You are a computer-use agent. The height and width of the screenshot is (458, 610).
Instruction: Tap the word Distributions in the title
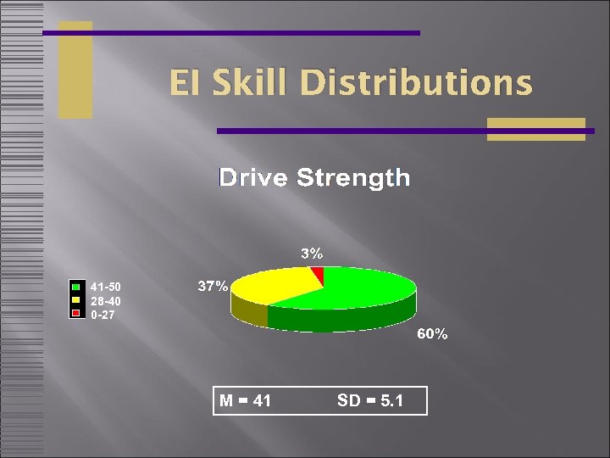[x=416, y=84]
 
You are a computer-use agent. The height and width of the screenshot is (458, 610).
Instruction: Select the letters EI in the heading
[x=182, y=84]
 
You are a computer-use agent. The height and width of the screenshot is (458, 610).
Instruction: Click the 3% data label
[x=312, y=253]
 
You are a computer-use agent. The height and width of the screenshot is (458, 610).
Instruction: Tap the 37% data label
[x=213, y=287]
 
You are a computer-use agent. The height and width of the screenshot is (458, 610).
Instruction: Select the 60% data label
[x=431, y=334]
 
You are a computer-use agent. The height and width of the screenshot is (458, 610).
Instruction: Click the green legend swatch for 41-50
[x=76, y=287]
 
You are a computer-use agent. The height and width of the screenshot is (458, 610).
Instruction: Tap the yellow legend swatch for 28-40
[x=76, y=300]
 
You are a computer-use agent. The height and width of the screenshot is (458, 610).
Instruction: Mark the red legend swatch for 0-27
[x=76, y=314]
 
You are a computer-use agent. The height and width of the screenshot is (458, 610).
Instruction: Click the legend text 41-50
[x=106, y=287]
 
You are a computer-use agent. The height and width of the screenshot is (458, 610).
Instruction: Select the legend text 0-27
[x=103, y=315]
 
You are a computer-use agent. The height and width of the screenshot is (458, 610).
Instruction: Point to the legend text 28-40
[x=106, y=301]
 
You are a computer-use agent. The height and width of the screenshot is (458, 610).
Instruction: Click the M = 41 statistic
[x=246, y=400]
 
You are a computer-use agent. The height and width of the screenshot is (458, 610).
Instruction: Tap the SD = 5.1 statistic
[x=369, y=400]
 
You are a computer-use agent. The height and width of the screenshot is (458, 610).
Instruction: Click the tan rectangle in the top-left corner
[x=75, y=70]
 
